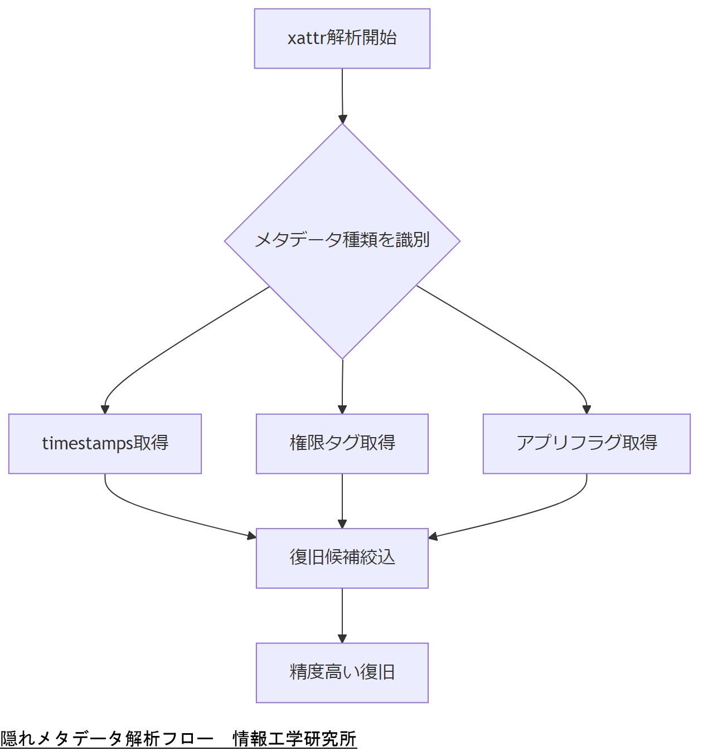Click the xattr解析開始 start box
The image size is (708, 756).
[342, 38]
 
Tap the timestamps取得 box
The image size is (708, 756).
[105, 444]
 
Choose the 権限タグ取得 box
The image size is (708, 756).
[342, 444]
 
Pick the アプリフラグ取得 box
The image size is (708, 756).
[586, 444]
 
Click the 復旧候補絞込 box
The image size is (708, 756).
[342, 558]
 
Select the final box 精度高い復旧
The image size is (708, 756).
[342, 673]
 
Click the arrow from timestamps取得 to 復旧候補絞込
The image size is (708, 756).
[167, 516]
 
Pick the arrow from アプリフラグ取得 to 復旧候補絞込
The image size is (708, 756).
[518, 516]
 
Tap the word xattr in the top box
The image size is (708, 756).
[306, 38]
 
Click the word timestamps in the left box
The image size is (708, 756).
[87, 444]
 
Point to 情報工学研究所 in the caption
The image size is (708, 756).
[294, 739]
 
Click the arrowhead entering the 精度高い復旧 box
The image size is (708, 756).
[342, 638]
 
